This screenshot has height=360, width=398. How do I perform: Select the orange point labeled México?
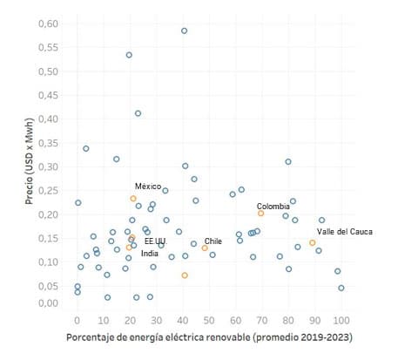tap(133, 199)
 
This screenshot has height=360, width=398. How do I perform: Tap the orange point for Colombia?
tap(260, 213)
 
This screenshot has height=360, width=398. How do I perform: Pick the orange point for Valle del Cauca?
tap(313, 243)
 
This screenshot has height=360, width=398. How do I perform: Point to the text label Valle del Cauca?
tap(343, 231)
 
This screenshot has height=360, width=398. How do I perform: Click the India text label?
tap(150, 254)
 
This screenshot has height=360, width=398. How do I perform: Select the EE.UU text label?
tap(155, 241)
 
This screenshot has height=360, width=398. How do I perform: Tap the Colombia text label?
tap(273, 207)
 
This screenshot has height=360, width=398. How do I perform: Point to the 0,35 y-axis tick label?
tap(51, 142)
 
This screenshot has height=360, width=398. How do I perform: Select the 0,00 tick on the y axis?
tap(51, 303)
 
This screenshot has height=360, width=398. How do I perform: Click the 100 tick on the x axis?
tap(341, 317)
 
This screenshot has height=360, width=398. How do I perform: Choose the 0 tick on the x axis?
tap(77, 317)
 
